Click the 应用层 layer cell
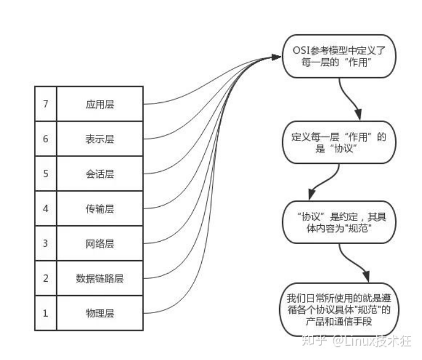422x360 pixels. (99, 104)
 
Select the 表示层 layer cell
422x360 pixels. (99, 139)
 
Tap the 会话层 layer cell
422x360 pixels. (99, 174)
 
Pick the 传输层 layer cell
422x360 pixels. (99, 209)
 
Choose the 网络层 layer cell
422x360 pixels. (99, 243)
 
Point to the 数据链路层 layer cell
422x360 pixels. (99, 278)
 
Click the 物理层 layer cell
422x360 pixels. (99, 313)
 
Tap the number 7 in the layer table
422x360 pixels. (46, 104)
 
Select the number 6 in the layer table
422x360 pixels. (46, 139)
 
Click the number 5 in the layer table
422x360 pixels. (46, 174)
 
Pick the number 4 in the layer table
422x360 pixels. (46, 209)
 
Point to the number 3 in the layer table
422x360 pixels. (46, 243)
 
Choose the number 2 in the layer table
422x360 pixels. (46, 278)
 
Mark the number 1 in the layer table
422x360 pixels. (46, 313)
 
